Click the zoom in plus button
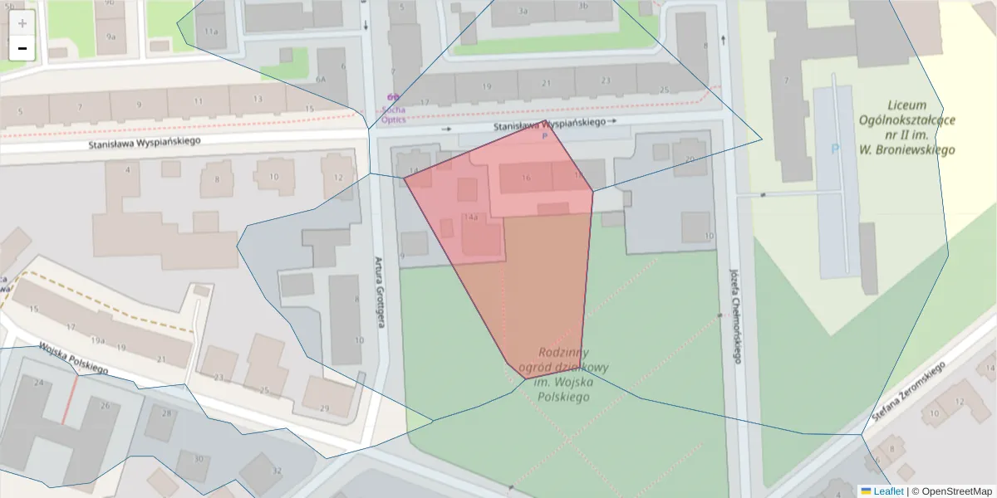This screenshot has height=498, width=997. pyautogui.click(x=22, y=23)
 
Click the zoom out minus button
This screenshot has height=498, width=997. pyautogui.click(x=22, y=48)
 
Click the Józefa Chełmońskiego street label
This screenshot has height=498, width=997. pyautogui.click(x=734, y=315)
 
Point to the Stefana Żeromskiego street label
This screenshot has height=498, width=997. pyautogui.click(x=909, y=391)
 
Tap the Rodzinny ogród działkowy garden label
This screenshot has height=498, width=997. pyautogui.click(x=563, y=374)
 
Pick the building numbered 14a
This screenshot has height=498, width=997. pyautogui.click(x=471, y=217)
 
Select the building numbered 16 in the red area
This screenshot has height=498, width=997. pyautogui.click(x=525, y=177)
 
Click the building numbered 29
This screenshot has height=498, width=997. pyautogui.click(x=324, y=408)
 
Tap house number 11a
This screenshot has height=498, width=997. pyautogui.click(x=211, y=31)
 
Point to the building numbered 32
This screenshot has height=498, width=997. pyautogui.click(x=277, y=471)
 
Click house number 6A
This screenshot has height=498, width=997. pyautogui.click(x=321, y=79)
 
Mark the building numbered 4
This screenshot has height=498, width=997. pyautogui.click(x=128, y=170)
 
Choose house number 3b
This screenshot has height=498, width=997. pyautogui.click(x=583, y=7)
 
